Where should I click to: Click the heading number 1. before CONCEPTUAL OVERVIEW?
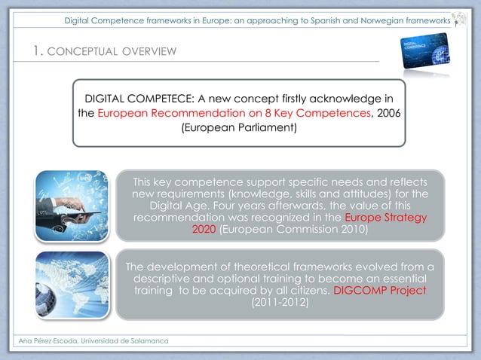coord(38,51)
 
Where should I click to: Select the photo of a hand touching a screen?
coord(72,203)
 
